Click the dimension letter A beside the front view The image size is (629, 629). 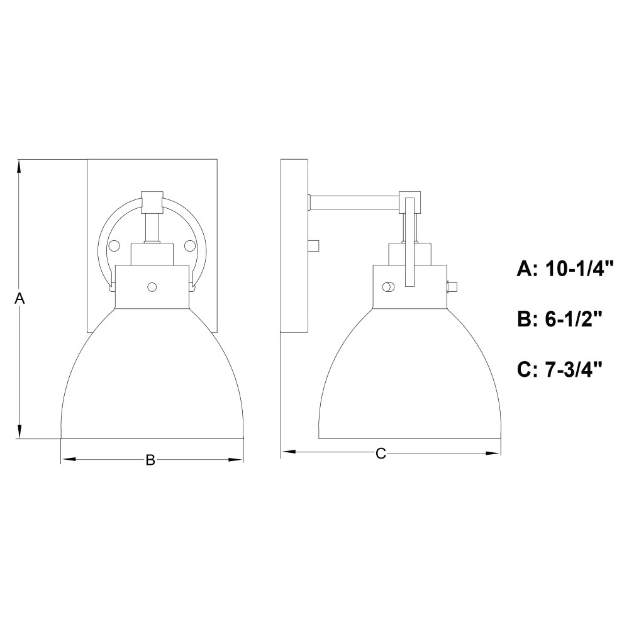click(19, 298)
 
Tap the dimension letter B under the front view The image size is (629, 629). click(150, 460)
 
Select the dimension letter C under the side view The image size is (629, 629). click(381, 454)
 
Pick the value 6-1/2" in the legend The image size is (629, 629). click(574, 320)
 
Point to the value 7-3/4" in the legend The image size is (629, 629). click(574, 369)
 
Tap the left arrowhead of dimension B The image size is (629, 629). click(67, 459)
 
